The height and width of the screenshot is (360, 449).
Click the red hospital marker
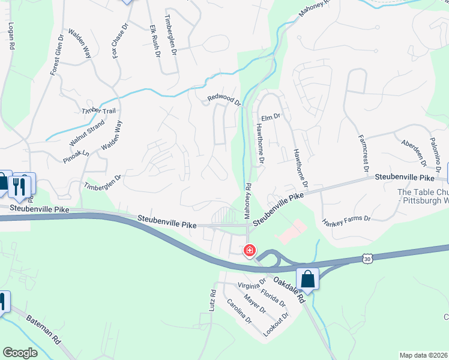[x=249, y=250]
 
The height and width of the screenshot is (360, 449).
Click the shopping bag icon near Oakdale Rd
[x=307, y=280]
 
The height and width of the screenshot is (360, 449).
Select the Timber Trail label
[x=98, y=112]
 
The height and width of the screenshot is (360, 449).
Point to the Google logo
[x=20, y=353]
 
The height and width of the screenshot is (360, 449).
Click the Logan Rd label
[x=11, y=37]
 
